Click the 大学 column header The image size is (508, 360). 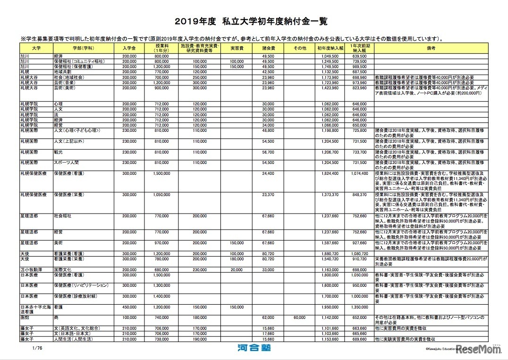tap(36, 48)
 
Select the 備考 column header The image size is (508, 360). tap(431, 48)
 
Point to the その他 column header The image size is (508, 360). tap(300, 48)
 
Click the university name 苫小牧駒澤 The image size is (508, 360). tap(30, 269)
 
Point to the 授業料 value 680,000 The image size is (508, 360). tap(162, 269)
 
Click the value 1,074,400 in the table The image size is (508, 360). tap(359, 173)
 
